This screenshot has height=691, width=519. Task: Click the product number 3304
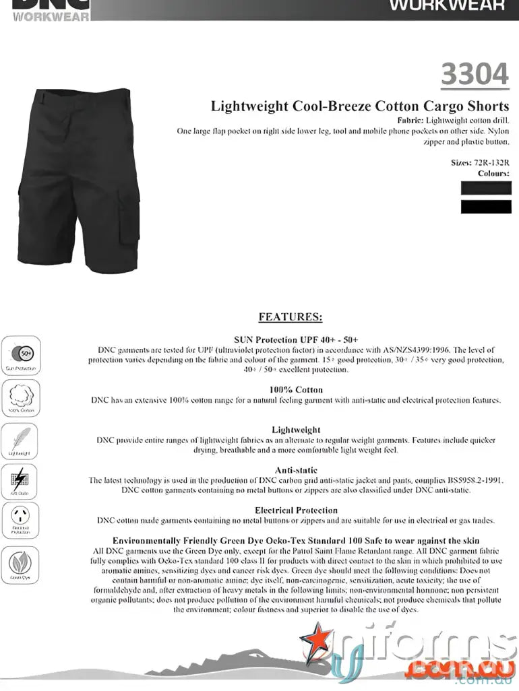475,74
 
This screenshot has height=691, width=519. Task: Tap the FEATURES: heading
291,317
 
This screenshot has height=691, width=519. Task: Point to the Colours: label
493,173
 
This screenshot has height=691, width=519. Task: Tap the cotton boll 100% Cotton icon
21,396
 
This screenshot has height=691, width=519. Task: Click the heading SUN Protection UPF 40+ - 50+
296,339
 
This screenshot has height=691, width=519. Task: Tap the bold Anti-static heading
296,470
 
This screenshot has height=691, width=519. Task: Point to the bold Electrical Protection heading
296,511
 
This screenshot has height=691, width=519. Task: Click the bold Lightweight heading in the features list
296,430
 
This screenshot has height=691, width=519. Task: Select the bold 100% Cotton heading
296,389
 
